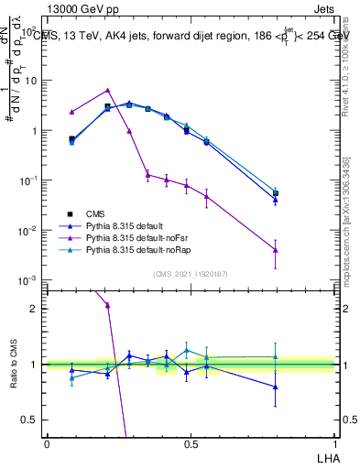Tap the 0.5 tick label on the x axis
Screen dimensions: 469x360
(x=190, y=444)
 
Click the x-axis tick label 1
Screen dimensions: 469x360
(x=333, y=444)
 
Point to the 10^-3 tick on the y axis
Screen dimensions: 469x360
(x=29, y=280)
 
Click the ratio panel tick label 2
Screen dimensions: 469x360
(x=35, y=309)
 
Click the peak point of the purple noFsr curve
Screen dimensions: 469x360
(x=108, y=91)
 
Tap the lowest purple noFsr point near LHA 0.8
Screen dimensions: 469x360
(x=275, y=250)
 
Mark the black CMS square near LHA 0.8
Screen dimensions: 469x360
(x=275, y=193)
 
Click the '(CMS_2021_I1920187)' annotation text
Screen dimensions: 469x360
(x=190, y=273)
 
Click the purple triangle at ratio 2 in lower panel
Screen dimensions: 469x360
(x=108, y=305)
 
